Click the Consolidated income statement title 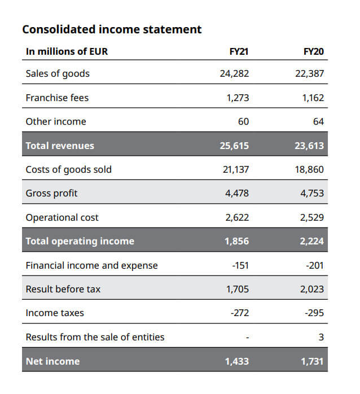(x=111, y=29)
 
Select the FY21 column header (x=239, y=52)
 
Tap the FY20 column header (x=314, y=52)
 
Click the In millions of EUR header (x=67, y=52)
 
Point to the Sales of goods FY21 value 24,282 (x=234, y=74)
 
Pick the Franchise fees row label (x=57, y=98)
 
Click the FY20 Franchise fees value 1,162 (x=313, y=98)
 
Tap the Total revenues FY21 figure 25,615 (x=234, y=146)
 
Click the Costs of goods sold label (x=69, y=169)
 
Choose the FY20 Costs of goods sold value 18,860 (x=310, y=169)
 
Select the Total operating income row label (x=80, y=241)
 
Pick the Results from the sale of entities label (x=95, y=337)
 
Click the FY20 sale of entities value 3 (x=321, y=337)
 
